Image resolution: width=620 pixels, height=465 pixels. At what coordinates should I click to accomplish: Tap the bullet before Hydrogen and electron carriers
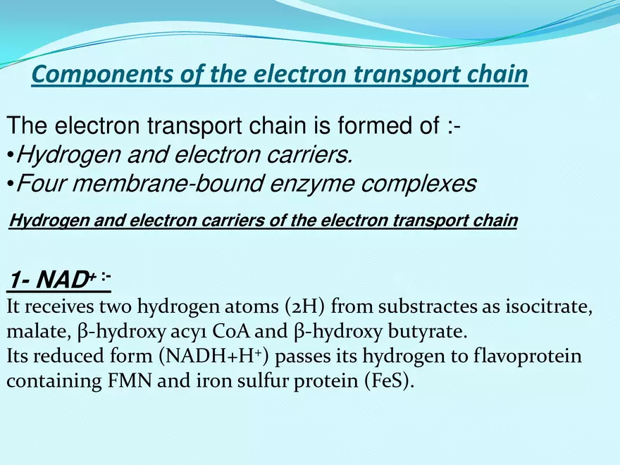(x=10, y=156)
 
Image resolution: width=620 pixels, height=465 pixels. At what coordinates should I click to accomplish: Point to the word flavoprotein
(x=524, y=356)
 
